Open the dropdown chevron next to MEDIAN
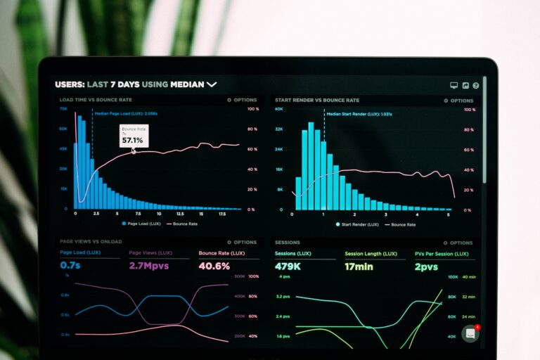click(212, 84)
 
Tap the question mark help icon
click(476, 85)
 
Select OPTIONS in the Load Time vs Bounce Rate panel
click(242, 101)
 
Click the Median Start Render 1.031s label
click(359, 113)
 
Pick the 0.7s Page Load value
click(70, 266)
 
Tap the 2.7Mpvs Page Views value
click(148, 266)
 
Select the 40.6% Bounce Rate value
click(214, 266)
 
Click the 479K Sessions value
click(288, 266)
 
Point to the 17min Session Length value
click(359, 266)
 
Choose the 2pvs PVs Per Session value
click(426, 266)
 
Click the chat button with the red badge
click(470, 334)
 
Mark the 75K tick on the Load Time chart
click(63, 109)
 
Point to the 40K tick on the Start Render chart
click(279, 109)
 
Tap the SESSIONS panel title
click(288, 242)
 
